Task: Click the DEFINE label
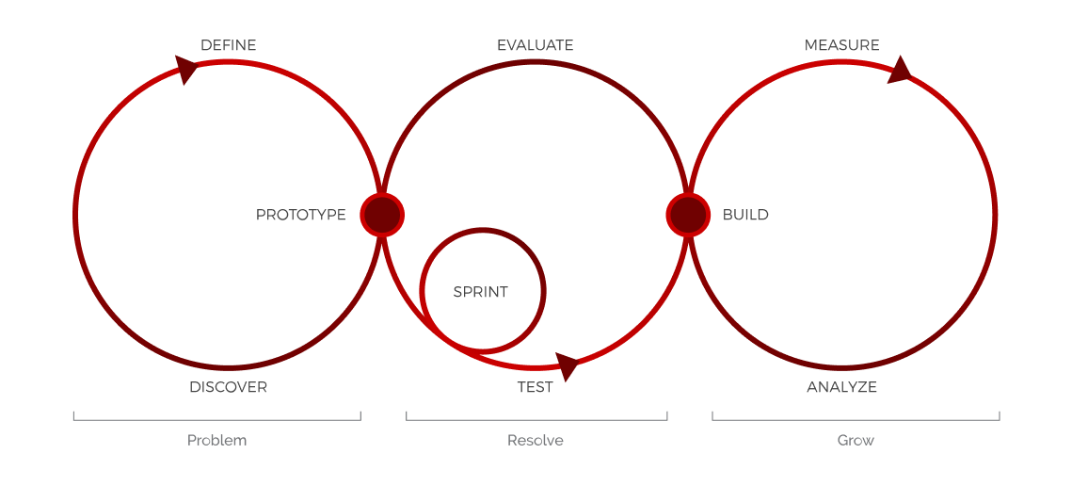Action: (x=228, y=45)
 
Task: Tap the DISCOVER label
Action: (x=228, y=387)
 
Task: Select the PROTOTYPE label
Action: (x=300, y=215)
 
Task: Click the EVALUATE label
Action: (x=535, y=45)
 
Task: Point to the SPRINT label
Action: (x=480, y=292)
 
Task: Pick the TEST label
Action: (x=535, y=387)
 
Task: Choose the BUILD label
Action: (x=745, y=215)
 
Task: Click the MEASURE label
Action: (x=841, y=45)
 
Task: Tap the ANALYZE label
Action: (x=841, y=387)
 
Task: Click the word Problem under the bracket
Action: (x=216, y=441)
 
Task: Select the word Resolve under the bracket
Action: (x=535, y=441)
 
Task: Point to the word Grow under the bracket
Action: (x=856, y=441)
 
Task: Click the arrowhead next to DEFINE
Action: (x=186, y=69)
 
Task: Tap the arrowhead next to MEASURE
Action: (x=900, y=71)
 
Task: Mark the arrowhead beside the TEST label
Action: (x=567, y=365)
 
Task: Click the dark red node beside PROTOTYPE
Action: (x=382, y=215)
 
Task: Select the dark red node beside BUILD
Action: (x=688, y=215)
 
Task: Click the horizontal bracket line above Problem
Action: (x=216, y=420)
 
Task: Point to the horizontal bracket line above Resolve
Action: (x=536, y=420)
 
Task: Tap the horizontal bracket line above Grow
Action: (x=856, y=420)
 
